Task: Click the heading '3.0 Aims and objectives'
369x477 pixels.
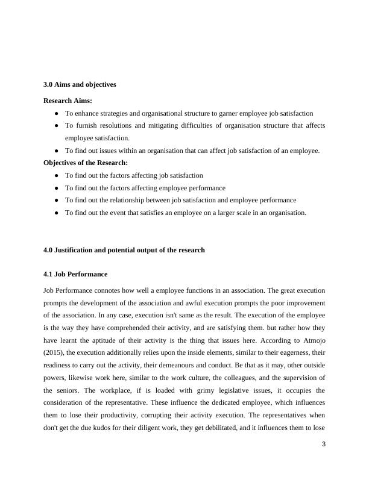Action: [80, 84]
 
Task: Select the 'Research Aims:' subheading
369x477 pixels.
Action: [68, 101]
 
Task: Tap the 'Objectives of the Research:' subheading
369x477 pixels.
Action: [86, 163]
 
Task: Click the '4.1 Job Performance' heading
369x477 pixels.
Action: [75, 274]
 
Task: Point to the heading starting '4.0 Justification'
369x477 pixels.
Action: [124, 250]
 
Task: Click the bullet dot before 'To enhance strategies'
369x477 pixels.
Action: [56, 113]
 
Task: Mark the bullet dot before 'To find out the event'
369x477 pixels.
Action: [56, 213]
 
